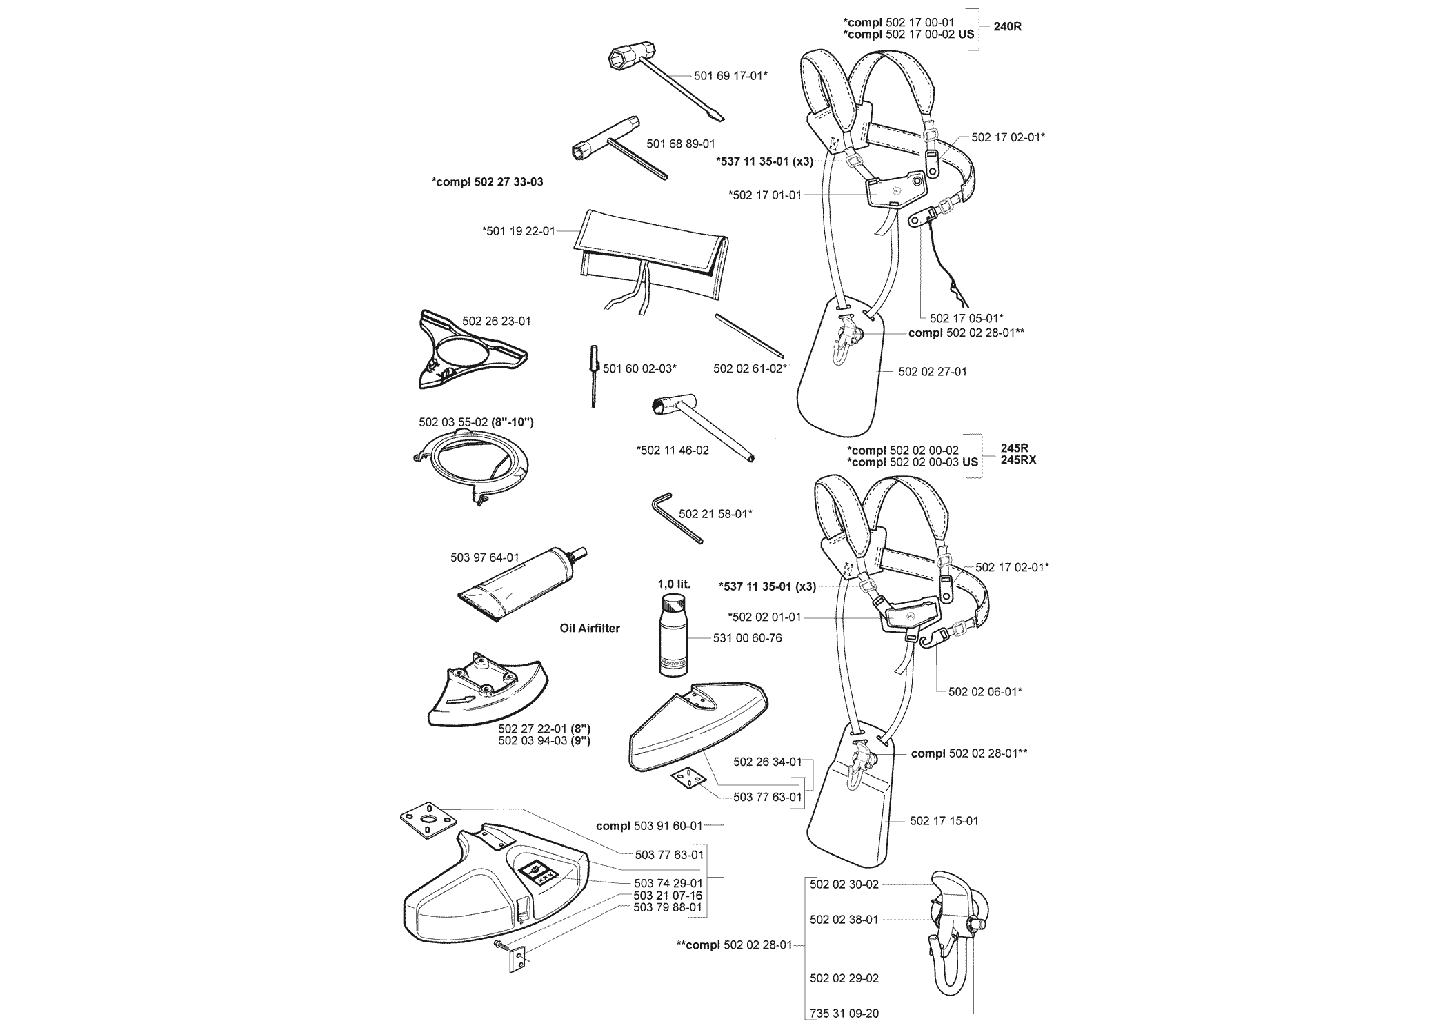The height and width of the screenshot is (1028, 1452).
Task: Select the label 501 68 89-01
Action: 681,144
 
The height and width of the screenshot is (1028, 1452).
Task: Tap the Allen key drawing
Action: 677,517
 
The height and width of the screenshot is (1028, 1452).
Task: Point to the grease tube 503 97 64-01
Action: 523,586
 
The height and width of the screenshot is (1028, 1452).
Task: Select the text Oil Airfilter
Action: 590,629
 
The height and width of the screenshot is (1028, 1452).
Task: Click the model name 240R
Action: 1007,28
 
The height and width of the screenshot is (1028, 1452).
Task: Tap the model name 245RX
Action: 1018,460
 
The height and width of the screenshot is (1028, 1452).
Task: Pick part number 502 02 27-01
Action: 933,372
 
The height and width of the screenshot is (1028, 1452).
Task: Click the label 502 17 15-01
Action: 944,821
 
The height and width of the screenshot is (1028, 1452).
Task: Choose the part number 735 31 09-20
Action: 844,1014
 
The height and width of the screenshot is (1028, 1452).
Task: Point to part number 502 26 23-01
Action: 497,322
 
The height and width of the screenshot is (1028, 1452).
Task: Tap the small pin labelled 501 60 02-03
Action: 593,377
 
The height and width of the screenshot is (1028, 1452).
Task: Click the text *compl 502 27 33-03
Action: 487,182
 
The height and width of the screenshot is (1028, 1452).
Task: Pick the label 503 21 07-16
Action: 668,896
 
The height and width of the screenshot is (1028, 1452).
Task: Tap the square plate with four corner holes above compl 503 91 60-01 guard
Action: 429,821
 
